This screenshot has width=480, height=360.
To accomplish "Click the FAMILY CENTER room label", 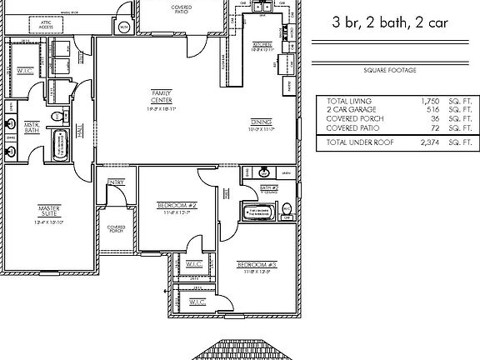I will [x=162, y=95].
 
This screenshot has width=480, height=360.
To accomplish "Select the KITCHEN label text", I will [x=262, y=45].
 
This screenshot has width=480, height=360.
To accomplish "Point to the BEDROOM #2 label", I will [x=177, y=205].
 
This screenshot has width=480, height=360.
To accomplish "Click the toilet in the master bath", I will [x=55, y=116].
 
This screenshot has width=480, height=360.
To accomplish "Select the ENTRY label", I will [x=116, y=183].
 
